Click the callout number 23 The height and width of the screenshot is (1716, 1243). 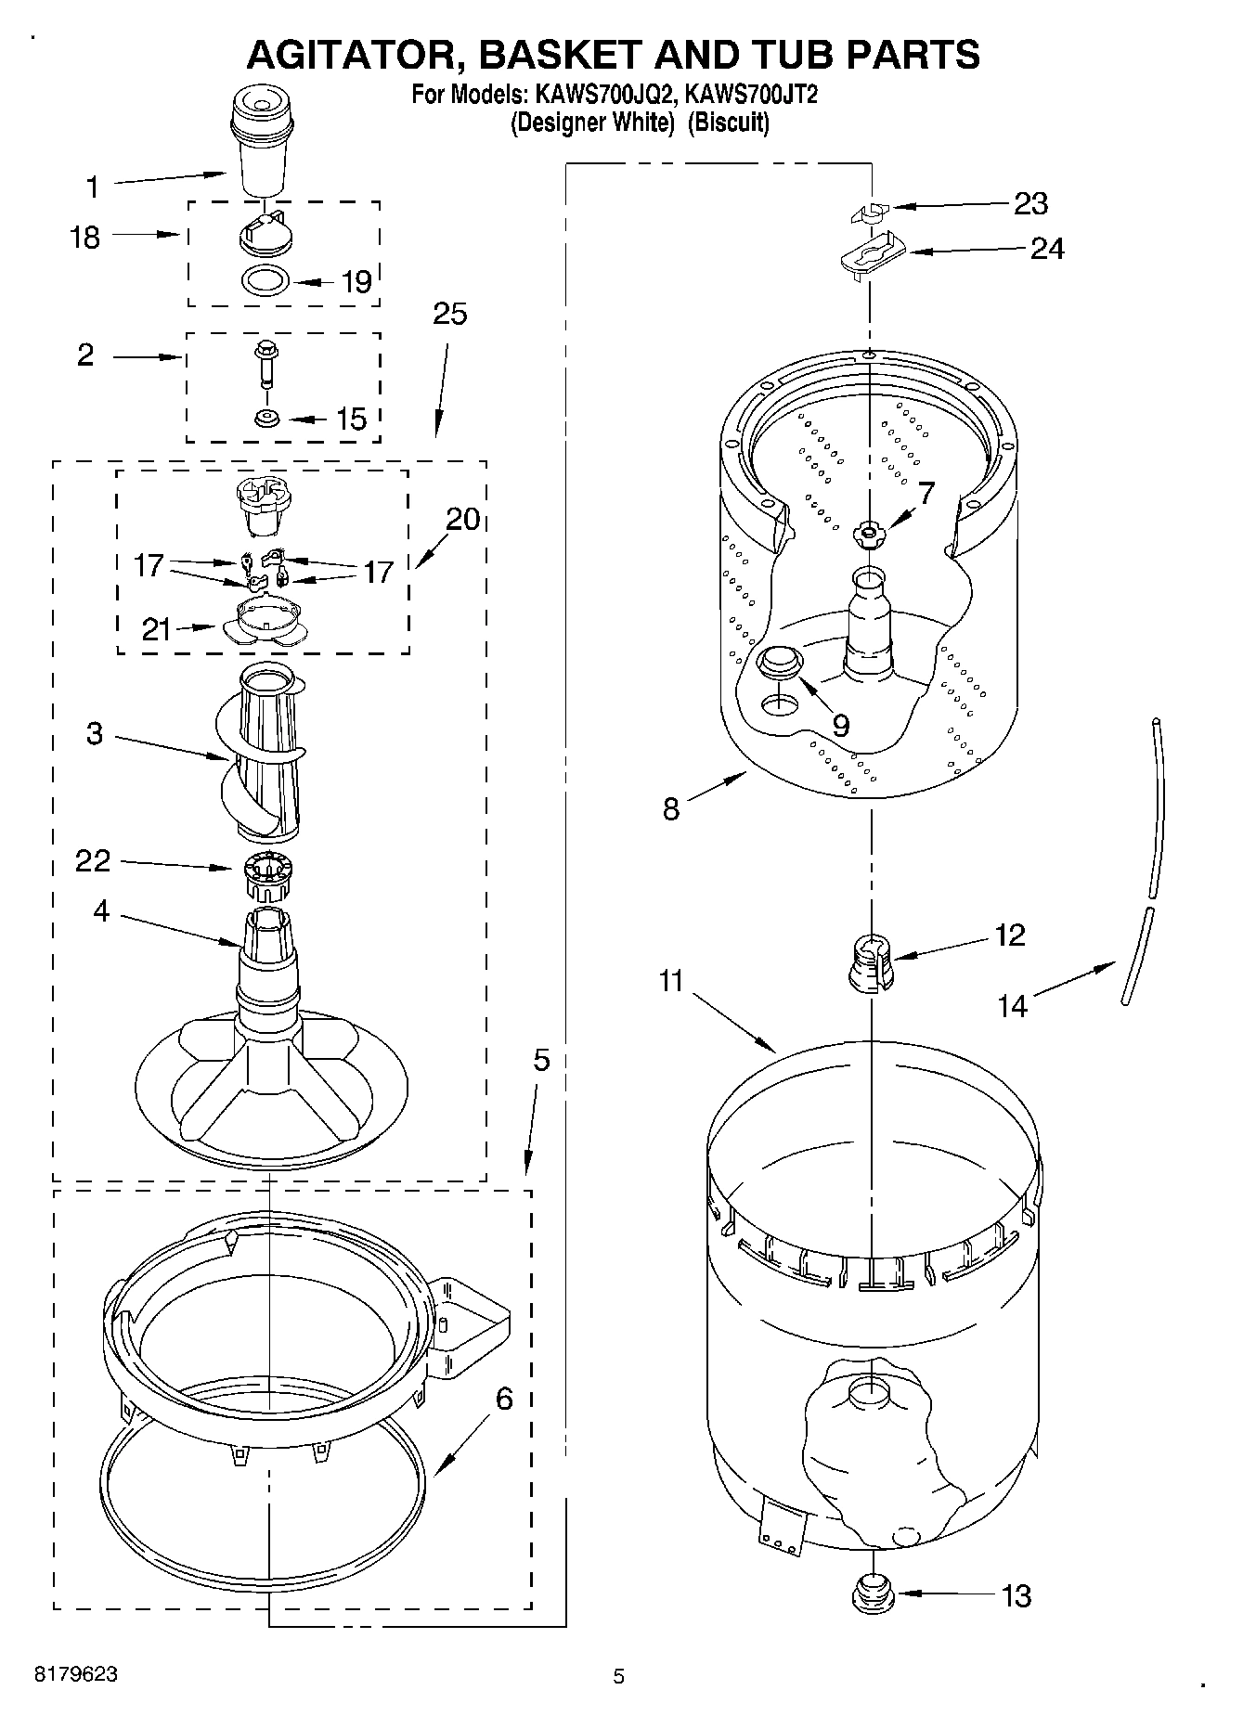1030,203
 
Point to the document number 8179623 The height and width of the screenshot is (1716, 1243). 76,1674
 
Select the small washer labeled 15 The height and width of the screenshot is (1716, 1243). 267,419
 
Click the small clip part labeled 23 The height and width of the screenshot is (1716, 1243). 869,213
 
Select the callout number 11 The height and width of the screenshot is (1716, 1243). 671,980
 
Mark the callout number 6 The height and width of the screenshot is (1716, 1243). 503,1398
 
